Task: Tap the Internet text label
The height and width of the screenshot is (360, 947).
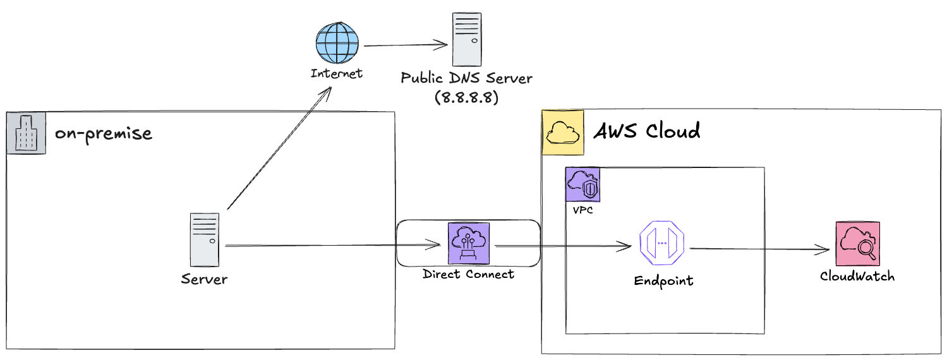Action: click(337, 73)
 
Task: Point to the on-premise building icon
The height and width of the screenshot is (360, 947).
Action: click(26, 133)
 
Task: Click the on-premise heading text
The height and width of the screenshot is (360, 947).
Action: click(103, 134)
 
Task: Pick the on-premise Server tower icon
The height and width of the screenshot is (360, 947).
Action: click(205, 239)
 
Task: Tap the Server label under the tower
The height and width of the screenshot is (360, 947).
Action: click(204, 279)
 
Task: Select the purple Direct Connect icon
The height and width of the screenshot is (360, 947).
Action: click(469, 244)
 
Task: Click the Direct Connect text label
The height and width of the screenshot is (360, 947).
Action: click(468, 274)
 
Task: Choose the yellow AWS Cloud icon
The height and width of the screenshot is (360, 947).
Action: click(562, 133)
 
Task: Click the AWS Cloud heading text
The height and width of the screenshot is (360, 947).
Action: click(647, 131)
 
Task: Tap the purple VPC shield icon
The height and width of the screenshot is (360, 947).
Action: click(582, 185)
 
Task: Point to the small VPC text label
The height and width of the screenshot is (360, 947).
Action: click(582, 210)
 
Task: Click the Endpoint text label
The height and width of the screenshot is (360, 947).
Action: click(663, 280)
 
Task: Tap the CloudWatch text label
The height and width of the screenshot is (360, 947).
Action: click(857, 276)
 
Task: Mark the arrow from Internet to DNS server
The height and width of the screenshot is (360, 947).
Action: click(404, 45)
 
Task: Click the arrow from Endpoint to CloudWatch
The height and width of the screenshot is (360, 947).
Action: click(758, 249)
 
